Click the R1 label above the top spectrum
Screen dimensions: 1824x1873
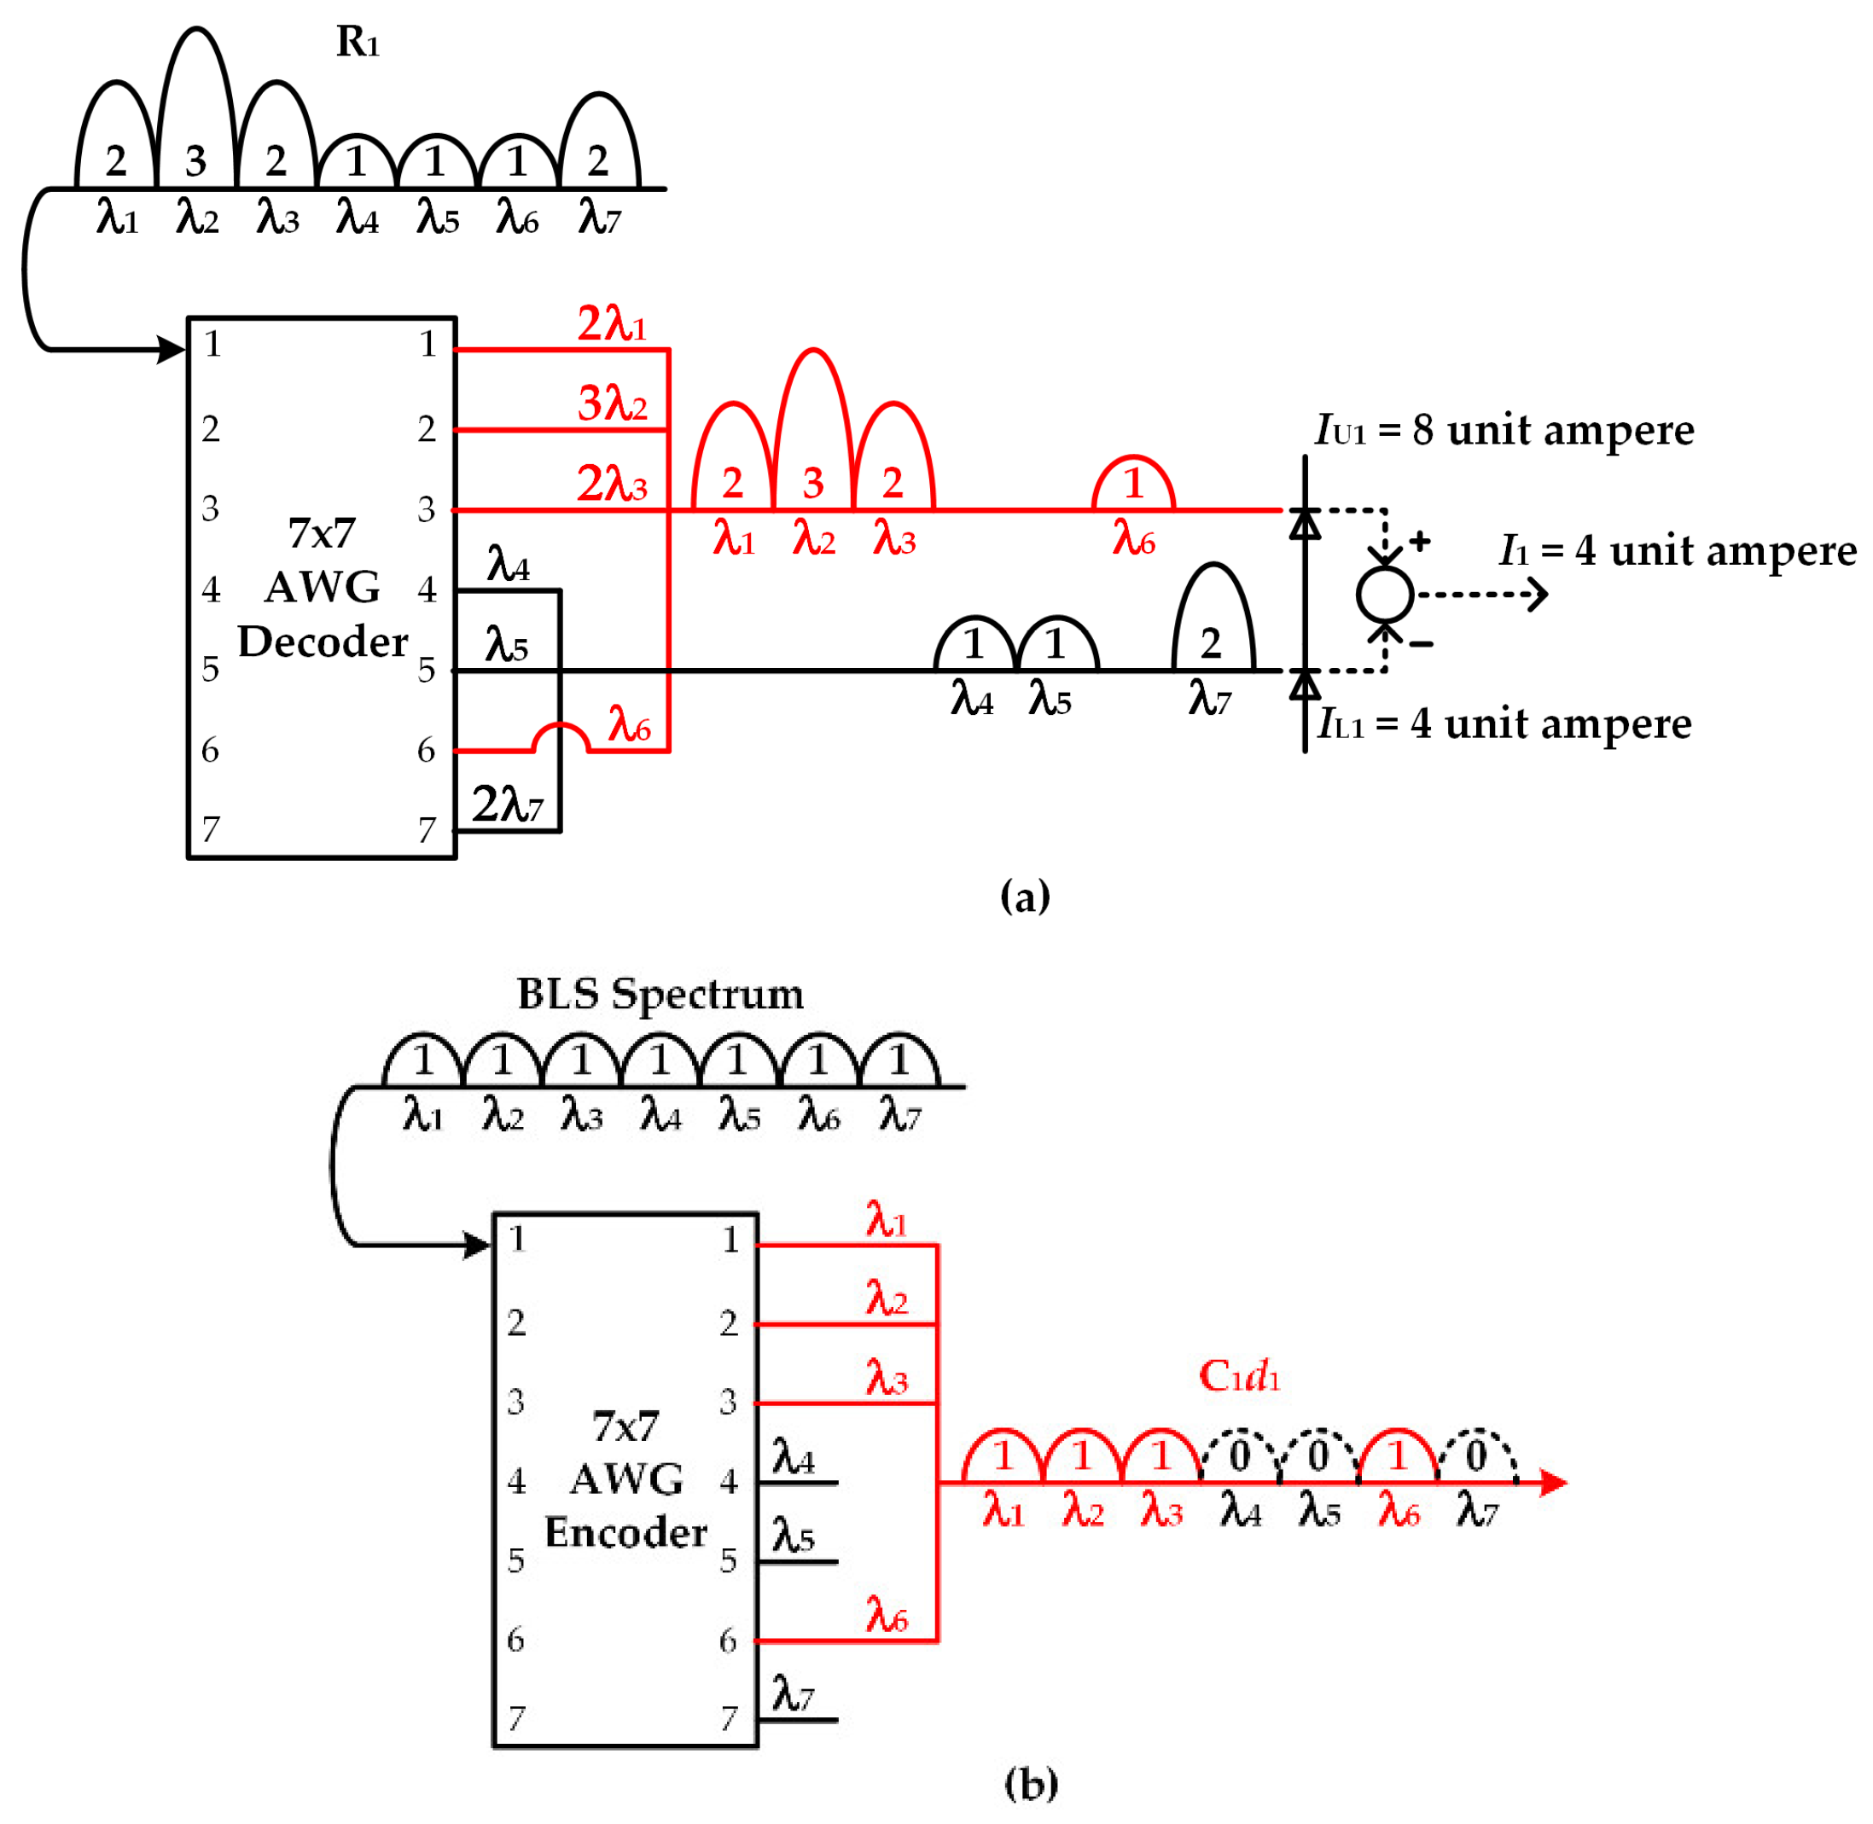pyautogui.click(x=358, y=41)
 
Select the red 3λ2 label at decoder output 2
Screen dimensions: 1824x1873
pyautogui.click(x=611, y=404)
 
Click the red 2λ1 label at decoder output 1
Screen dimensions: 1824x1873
pyautogui.click(x=611, y=324)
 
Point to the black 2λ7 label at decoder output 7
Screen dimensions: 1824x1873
pyautogui.click(x=507, y=804)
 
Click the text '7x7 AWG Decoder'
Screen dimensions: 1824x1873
pyautogui.click(x=322, y=586)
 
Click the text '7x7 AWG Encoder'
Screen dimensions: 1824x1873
pyautogui.click(x=625, y=1480)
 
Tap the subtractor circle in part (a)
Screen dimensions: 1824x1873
pyautogui.click(x=1383, y=594)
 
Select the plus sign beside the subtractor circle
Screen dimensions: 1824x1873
pyautogui.click(x=1419, y=541)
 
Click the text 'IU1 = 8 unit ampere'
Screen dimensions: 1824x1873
pyautogui.click(x=1504, y=430)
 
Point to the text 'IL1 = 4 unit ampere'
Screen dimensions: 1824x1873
pyautogui.click(x=1504, y=723)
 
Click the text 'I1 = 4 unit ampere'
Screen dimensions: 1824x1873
pyautogui.click(x=1677, y=551)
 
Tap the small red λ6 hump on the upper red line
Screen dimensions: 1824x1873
pyautogui.click(x=1132, y=484)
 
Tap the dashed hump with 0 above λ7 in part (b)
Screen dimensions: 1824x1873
pyautogui.click(x=1476, y=1456)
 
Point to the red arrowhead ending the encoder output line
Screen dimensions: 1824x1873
pyautogui.click(x=1553, y=1483)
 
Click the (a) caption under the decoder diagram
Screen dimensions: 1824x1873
pyautogui.click(x=1024, y=897)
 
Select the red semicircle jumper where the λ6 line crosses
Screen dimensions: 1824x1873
pyautogui.click(x=560, y=738)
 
